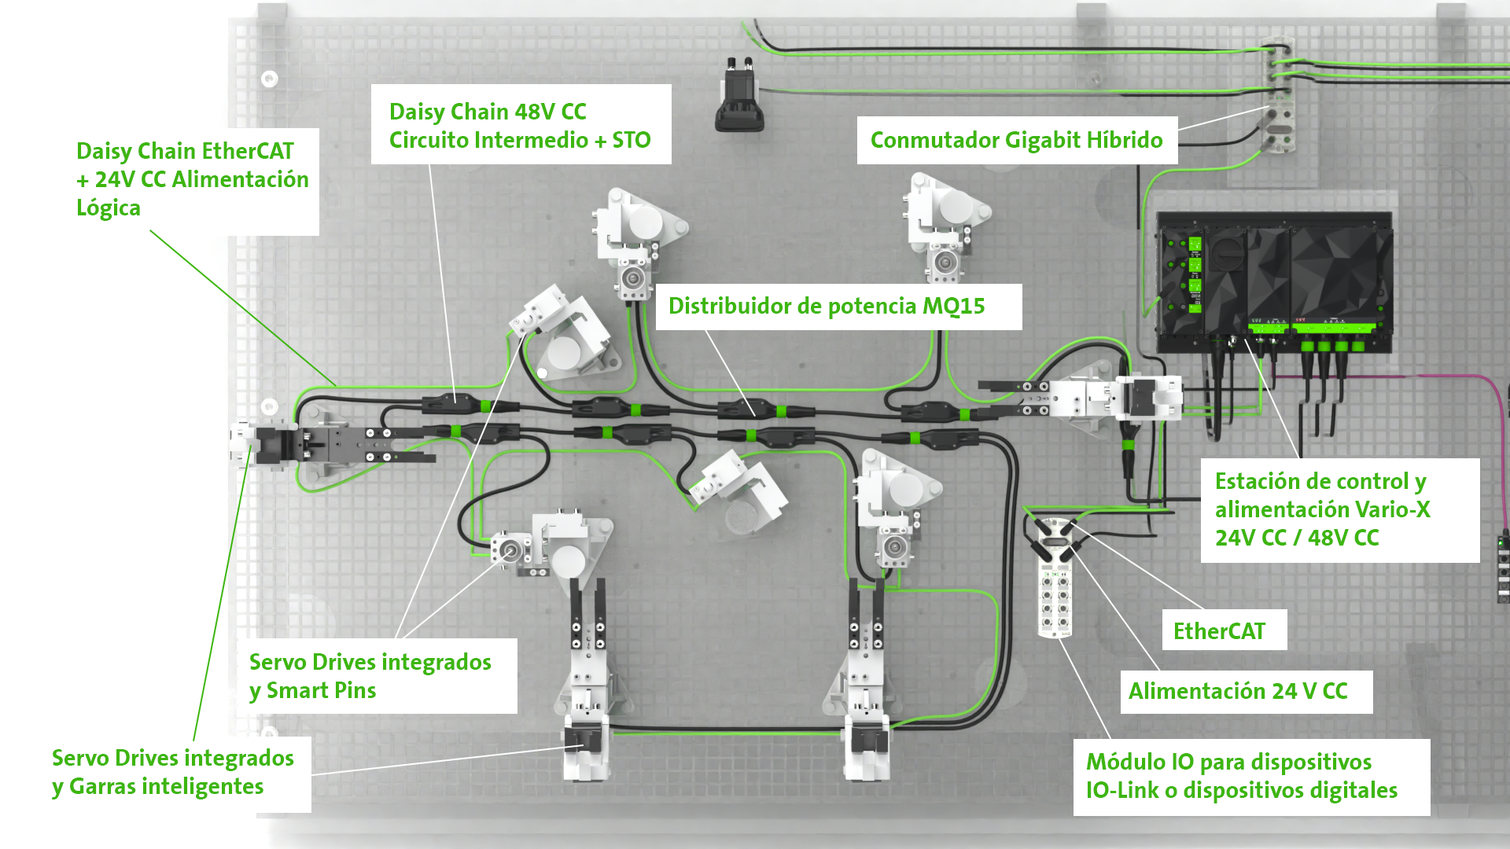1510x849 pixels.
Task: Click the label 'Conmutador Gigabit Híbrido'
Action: click(x=1016, y=141)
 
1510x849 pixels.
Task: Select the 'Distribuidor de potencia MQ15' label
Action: click(x=826, y=307)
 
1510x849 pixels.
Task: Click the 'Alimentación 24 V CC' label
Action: click(x=1238, y=692)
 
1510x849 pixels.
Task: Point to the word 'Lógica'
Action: click(x=109, y=208)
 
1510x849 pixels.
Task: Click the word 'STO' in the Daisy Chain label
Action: click(x=632, y=141)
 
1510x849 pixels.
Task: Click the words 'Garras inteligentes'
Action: click(x=166, y=787)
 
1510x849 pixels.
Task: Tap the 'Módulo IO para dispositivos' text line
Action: click(x=1228, y=763)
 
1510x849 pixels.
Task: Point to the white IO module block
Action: click(x=1054, y=590)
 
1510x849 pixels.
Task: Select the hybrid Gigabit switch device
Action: click(x=1277, y=94)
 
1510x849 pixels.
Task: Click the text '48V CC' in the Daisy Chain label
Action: click(x=551, y=112)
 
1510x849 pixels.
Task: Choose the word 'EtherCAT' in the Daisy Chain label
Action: click(x=245, y=151)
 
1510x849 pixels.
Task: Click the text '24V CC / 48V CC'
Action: click(x=1297, y=538)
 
